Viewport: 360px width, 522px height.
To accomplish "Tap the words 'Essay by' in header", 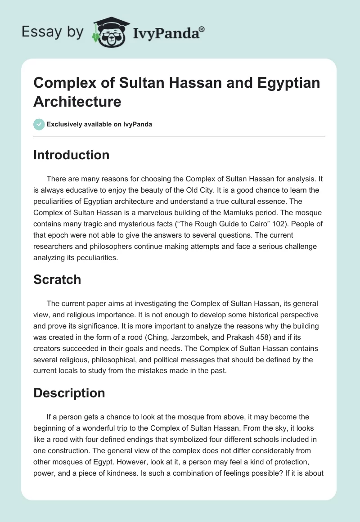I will (x=52, y=32).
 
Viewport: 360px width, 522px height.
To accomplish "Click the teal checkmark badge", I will (x=39, y=124).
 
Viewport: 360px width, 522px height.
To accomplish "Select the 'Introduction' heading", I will (x=72, y=155).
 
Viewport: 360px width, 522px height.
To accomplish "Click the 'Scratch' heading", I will (x=57, y=279).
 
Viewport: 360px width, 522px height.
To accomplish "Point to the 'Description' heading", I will (x=69, y=393).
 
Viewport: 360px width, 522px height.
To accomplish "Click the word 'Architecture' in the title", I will (x=77, y=101).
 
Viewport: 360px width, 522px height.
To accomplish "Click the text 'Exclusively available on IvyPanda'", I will (x=99, y=124).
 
